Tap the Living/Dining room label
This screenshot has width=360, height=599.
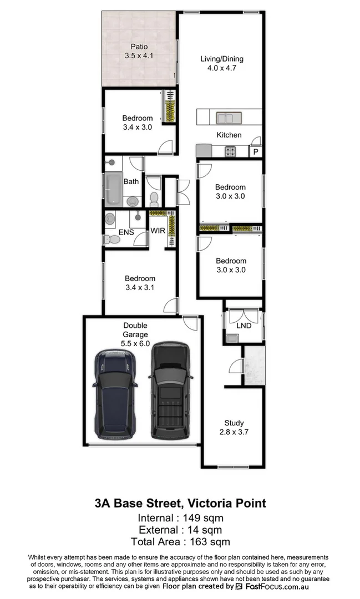[x=221, y=59]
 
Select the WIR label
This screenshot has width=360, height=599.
[x=158, y=230]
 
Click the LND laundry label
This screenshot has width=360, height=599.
[x=244, y=326]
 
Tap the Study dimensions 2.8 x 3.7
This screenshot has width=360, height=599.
[x=234, y=432]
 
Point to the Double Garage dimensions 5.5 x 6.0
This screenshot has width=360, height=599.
[x=135, y=343]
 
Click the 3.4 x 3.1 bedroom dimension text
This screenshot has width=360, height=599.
[x=140, y=287]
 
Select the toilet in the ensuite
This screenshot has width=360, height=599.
[x=111, y=239]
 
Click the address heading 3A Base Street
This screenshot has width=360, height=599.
[x=180, y=504]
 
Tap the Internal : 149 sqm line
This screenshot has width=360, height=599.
[x=180, y=518]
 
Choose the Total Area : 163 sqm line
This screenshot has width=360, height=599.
[x=180, y=541]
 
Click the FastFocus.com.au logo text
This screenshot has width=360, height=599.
[x=276, y=586]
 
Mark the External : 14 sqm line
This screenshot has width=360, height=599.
[x=180, y=530]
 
